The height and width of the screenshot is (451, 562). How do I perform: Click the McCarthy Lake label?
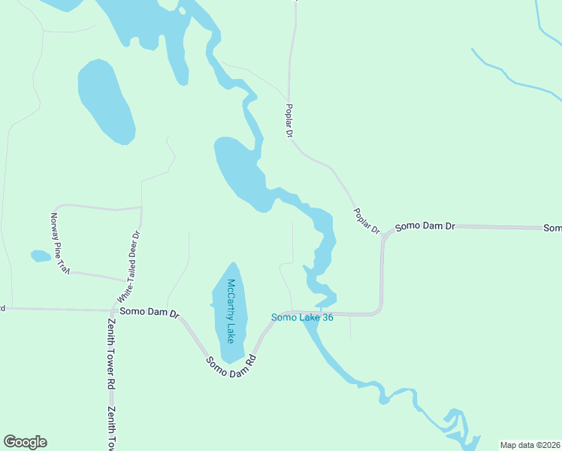(232, 310)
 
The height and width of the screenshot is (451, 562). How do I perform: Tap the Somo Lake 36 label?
(302, 318)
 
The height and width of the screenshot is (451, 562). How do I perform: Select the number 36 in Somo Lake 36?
(326, 318)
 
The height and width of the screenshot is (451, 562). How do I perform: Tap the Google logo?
(25, 442)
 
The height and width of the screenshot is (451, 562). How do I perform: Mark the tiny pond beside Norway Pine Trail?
(41, 256)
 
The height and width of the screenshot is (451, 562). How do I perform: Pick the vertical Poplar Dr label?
(288, 120)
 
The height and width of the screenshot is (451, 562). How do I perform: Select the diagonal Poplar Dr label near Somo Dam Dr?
(367, 219)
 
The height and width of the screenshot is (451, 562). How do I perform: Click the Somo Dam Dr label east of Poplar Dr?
(425, 225)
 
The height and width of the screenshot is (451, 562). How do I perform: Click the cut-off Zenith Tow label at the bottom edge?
(110, 428)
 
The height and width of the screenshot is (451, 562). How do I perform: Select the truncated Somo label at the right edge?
(552, 228)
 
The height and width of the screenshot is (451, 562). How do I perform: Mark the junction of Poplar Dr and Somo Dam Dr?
(384, 235)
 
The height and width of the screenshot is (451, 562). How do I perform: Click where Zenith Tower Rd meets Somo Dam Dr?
(111, 310)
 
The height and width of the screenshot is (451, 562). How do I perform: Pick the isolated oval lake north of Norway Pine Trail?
(107, 101)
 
